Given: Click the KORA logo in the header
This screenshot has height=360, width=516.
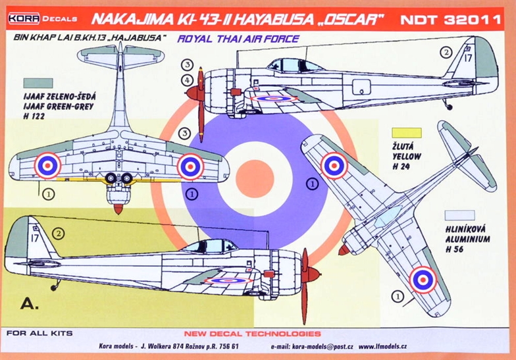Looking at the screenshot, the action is coord(24,18).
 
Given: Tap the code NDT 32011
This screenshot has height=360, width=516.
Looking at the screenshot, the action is coord(450,20).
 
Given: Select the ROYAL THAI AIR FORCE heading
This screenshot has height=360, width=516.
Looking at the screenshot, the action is coord(238,39).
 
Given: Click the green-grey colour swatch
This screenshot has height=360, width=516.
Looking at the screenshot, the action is coord(38,83).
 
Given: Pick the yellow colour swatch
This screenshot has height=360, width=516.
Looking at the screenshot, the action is coord(407,133).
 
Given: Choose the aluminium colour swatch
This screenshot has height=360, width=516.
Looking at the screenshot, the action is coord(459,215).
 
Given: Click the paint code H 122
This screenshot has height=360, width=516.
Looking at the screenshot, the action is coord(34,116).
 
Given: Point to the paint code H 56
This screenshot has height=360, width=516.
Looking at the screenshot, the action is coord(454,249).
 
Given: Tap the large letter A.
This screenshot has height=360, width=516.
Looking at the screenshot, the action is coord(29,303).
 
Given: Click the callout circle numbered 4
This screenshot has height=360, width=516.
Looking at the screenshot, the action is coord(187,80).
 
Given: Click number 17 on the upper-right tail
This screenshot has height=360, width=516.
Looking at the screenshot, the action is coord(468,58).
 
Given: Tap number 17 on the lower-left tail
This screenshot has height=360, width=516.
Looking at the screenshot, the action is coord(35,238).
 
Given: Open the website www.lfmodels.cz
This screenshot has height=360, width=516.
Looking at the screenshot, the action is coord(383,346).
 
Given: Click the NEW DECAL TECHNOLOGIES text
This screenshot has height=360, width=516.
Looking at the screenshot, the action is coord(252,334).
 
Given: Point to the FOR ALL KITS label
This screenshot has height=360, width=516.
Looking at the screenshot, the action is coord(39,333).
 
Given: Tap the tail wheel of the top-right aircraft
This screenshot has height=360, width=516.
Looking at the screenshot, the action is coord(449,107).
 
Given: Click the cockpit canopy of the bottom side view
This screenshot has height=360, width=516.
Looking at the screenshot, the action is coord(209,246).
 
